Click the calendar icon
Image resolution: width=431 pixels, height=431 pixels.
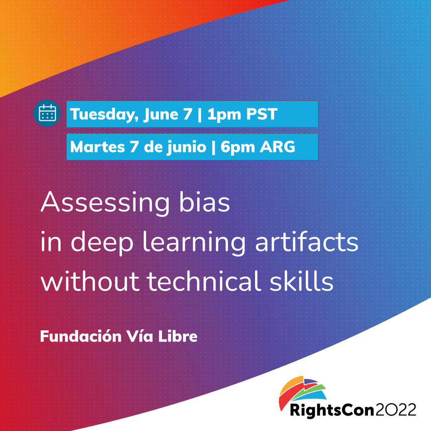tap(47, 113)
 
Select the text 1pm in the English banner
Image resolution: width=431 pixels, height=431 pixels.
tap(224, 115)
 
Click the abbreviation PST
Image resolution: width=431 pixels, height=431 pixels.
tap(262, 114)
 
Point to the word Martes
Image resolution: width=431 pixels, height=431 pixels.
tap(98, 147)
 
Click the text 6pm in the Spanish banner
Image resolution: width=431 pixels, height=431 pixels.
tap(238, 147)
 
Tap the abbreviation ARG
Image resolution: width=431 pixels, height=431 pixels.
tap(277, 147)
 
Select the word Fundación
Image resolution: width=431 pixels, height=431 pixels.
tap(81, 336)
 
